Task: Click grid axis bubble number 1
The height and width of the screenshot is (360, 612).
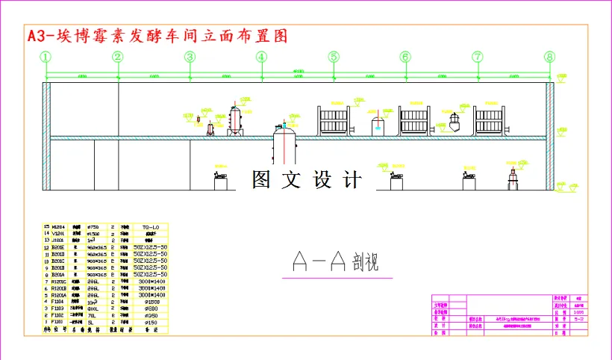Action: pos(46,57)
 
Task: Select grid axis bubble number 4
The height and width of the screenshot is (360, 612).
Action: pos(261,57)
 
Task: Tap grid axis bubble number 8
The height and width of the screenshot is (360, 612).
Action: pos(550,57)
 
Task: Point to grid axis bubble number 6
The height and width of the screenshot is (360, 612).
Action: pos(405,57)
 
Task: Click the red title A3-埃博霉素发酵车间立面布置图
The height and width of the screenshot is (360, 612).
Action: pos(157,36)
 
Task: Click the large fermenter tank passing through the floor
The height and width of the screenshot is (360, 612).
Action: pos(286,143)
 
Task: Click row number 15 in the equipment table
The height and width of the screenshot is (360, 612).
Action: pos(47,226)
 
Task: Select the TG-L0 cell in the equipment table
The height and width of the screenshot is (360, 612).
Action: pos(151,226)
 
